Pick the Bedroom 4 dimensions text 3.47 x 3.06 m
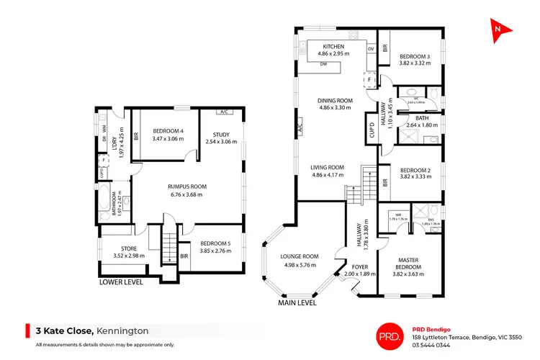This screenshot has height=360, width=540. [x=168, y=138]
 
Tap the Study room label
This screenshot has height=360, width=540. [x=221, y=132]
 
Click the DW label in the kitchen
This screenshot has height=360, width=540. [x=324, y=63]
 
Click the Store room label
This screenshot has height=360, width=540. [x=130, y=248]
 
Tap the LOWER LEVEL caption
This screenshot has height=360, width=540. [x=121, y=282]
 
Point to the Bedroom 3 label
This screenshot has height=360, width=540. [x=415, y=56]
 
